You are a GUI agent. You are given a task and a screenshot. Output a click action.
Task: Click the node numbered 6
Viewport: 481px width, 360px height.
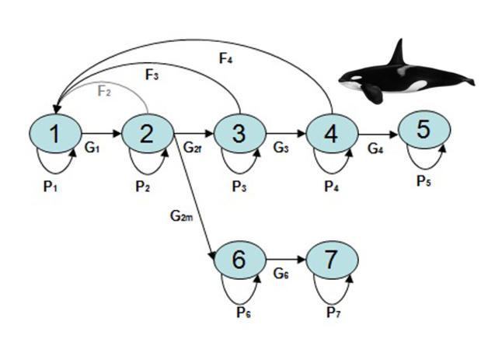coord(239,259)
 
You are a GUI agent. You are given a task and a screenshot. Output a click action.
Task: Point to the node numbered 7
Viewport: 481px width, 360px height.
coord(332,259)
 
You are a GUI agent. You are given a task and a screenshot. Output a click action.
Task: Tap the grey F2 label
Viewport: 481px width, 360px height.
coord(105,90)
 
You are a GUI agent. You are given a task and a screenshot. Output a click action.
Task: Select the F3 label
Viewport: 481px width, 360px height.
coord(152,75)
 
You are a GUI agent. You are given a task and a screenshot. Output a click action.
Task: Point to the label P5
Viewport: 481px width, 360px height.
coord(424,181)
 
